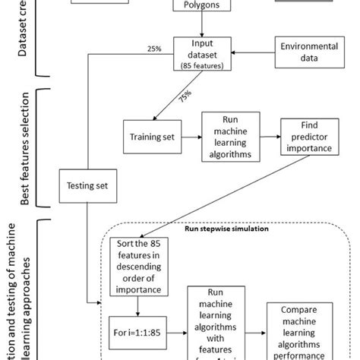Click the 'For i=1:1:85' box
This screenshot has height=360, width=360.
click(137, 332)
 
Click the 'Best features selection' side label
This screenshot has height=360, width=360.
click(25, 148)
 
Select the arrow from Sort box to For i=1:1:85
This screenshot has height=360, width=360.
click(137, 308)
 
